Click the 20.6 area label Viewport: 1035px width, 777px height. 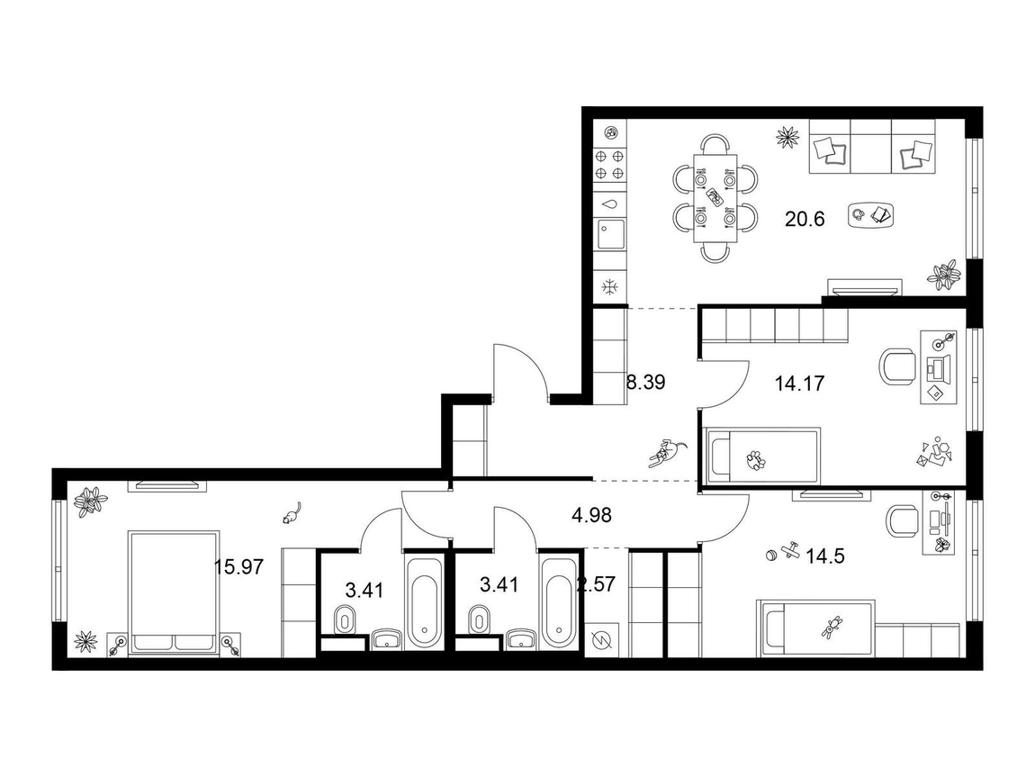[x=805, y=219]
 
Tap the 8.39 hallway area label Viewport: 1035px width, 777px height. [x=645, y=383]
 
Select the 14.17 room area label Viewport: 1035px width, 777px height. [x=799, y=383]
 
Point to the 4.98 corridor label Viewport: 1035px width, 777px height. [x=591, y=515]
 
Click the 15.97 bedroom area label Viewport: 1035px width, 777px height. [x=238, y=566]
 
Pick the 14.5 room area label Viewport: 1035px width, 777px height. [x=825, y=556]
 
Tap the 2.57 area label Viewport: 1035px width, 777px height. [x=596, y=584]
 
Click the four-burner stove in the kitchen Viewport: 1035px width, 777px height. [x=609, y=165]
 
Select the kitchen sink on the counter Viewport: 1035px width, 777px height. [x=610, y=234]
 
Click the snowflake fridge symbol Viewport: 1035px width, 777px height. [x=610, y=286]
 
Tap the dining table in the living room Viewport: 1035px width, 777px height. [x=715, y=199]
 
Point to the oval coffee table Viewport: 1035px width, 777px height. [x=872, y=215]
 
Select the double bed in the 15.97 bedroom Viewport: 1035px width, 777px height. [x=175, y=592]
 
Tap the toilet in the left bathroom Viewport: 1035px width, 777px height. [x=345, y=619]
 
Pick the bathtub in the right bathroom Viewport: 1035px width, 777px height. [x=558, y=603]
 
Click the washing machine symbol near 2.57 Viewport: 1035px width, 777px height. [x=600, y=640]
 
